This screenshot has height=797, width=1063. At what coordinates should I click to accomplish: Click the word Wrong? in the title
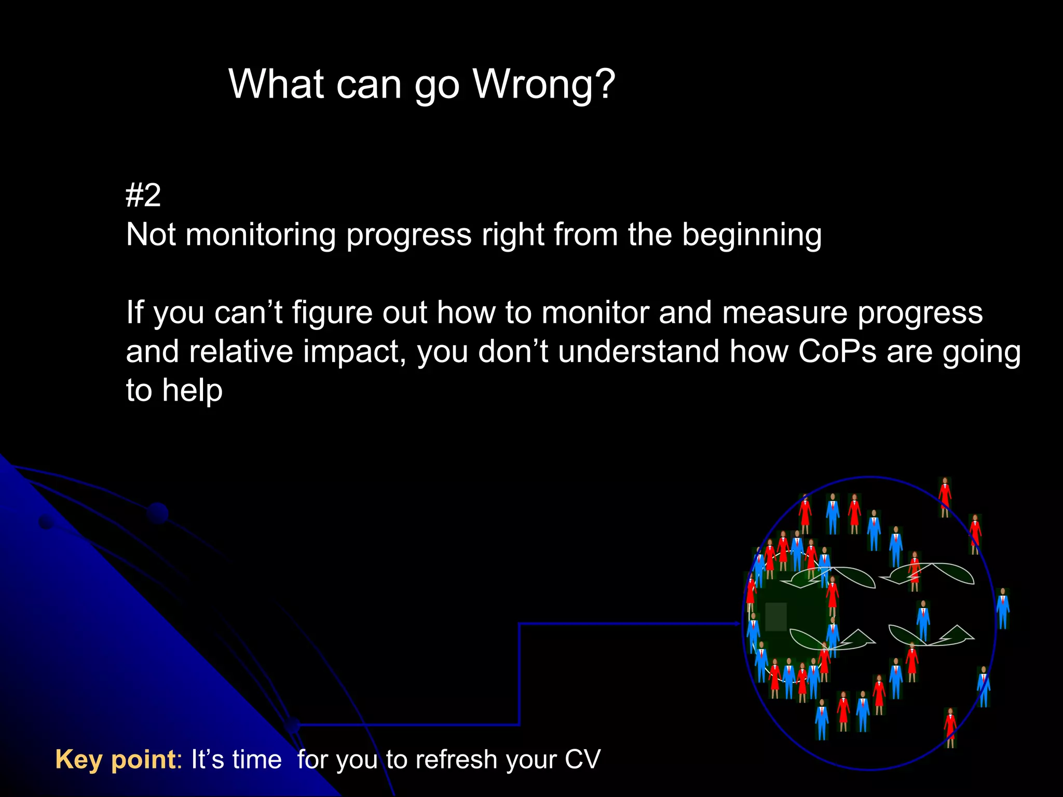[544, 84]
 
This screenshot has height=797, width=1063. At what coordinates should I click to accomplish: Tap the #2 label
[143, 196]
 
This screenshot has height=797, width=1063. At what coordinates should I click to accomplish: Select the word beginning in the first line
[752, 235]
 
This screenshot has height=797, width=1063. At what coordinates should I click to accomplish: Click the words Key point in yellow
[116, 759]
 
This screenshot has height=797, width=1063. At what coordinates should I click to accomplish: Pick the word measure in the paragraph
[784, 312]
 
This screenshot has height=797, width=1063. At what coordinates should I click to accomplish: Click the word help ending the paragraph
[192, 390]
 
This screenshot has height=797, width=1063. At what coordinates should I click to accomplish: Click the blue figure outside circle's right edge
[1002, 608]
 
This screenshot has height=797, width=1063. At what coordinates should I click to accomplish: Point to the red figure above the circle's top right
[945, 496]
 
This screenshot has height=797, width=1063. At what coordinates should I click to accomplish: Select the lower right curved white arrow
[932, 636]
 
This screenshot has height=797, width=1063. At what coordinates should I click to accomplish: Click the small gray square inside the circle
[776, 616]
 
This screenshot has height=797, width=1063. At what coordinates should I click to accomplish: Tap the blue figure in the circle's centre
[923, 620]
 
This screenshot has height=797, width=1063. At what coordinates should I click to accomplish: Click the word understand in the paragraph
[639, 351]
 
